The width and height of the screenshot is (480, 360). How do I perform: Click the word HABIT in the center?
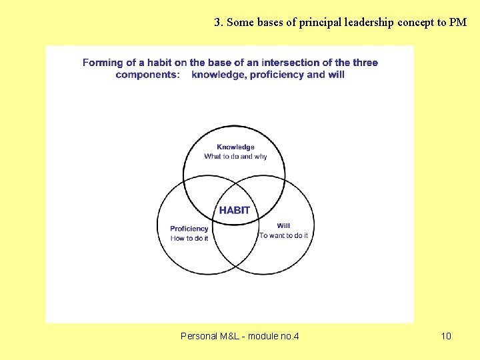235,210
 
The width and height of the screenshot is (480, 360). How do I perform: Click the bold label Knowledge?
235,147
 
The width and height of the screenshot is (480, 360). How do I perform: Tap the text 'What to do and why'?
235,157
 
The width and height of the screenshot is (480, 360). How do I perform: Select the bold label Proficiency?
189,229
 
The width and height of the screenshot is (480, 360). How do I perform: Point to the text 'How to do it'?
189,238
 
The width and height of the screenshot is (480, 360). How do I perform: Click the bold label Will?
283,225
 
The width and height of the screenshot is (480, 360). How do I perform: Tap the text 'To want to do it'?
283,235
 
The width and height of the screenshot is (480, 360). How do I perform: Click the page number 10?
446,336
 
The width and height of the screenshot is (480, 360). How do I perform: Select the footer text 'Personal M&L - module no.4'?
240,336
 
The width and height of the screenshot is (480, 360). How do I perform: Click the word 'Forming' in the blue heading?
102,63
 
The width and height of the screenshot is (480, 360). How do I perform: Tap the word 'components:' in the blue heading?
147,74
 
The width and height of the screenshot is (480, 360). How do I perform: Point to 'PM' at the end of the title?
458,22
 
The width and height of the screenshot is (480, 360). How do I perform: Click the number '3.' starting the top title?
219,22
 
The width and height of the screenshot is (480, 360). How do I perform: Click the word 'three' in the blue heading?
365,63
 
